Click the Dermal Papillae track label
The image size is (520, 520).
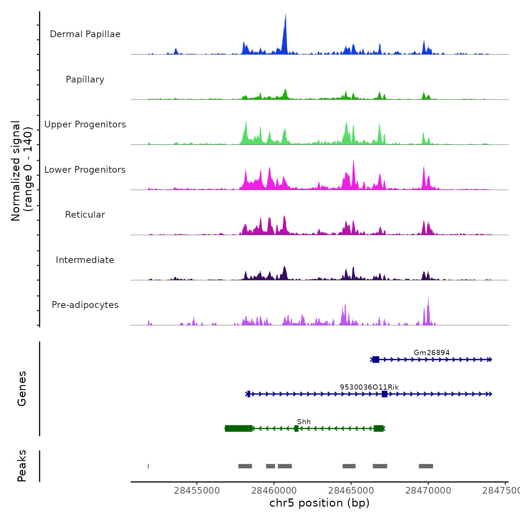(x=85, y=34)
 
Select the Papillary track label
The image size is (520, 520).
(x=85, y=79)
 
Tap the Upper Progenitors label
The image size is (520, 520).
(x=85, y=124)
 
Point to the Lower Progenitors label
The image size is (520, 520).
(x=85, y=170)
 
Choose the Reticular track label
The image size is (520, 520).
(x=85, y=215)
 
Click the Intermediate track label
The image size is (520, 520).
(x=85, y=260)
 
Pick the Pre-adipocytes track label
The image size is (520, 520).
(x=85, y=305)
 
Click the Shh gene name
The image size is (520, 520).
(x=304, y=422)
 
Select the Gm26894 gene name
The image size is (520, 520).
(x=432, y=352)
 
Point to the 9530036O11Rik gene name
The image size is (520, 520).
(x=369, y=387)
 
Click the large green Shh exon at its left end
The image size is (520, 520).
(x=238, y=429)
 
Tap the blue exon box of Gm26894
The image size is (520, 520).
(x=376, y=360)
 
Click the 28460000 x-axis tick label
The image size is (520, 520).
(x=274, y=490)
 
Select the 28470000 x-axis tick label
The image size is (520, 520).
(x=428, y=490)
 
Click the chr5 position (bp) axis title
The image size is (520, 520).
(x=319, y=503)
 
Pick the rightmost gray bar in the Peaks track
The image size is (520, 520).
(x=426, y=466)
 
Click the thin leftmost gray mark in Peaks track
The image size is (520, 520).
(x=148, y=466)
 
